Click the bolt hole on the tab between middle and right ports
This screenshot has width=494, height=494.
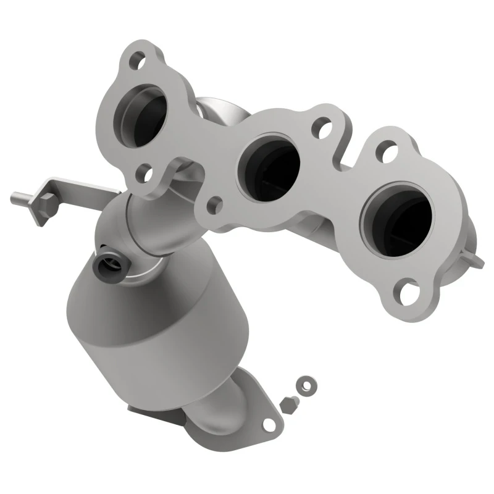point(320,130)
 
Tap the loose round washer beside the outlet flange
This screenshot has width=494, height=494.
point(304,385)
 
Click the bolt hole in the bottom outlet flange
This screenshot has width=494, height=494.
point(268,424)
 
